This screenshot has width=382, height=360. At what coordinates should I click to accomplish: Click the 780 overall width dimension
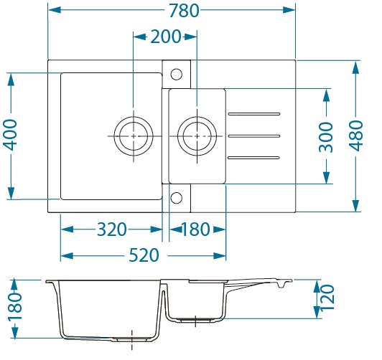click(184, 11)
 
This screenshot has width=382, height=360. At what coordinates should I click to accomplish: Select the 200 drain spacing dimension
click(166, 37)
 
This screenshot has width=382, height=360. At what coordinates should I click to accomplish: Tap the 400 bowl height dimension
click(11, 135)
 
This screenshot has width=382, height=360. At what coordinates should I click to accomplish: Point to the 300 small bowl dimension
click(326, 138)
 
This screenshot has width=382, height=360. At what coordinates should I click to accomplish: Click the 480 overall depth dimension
click(356, 136)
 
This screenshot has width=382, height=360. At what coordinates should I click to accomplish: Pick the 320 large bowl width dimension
click(112, 229)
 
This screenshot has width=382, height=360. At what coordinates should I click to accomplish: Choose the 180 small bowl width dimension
click(195, 229)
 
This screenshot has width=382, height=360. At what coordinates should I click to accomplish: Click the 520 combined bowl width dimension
click(144, 255)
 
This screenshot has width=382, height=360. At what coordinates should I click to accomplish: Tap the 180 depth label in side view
click(15, 306)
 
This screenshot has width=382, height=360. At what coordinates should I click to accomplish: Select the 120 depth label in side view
click(327, 298)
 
